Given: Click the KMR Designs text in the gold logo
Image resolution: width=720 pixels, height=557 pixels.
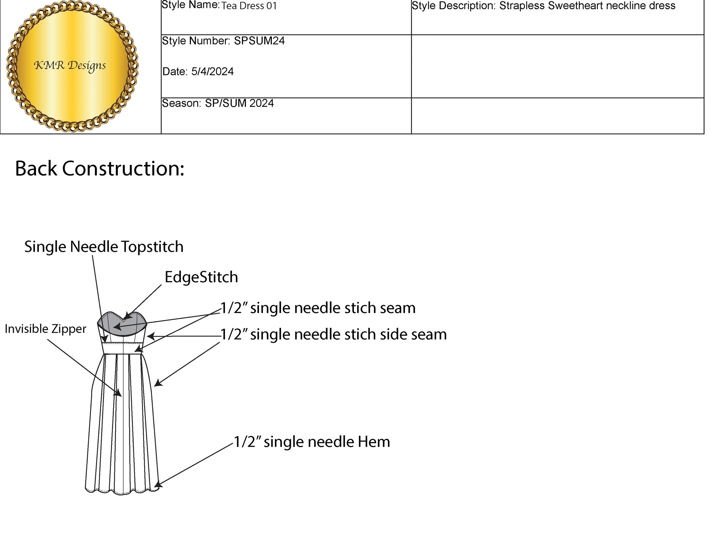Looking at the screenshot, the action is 70,65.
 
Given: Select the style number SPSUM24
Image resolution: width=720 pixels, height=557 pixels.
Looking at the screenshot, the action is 259,41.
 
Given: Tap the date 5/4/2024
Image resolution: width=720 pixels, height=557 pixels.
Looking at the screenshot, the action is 212,71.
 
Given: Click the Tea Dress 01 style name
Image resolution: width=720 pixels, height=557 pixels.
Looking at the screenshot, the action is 249,6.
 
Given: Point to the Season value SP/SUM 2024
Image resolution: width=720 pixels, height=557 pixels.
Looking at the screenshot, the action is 239,103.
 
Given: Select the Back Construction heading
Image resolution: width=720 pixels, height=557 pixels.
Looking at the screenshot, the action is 100,169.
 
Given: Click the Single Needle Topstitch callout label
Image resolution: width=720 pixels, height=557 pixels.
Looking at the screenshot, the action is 104,247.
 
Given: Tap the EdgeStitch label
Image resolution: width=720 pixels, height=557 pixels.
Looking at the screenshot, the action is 201,277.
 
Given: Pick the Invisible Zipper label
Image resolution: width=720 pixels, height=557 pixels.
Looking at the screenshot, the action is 46,329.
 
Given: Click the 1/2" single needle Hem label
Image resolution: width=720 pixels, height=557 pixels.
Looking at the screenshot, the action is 312,442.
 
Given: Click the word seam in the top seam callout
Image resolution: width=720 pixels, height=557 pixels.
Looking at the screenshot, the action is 397,308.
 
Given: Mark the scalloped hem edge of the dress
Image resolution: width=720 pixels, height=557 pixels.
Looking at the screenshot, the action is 122,493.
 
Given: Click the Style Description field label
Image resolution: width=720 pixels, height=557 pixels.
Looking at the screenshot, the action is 454,6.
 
